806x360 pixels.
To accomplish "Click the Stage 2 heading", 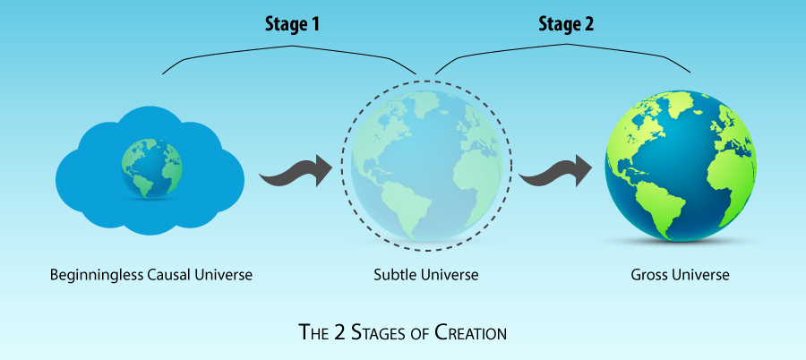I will [x=567, y=23].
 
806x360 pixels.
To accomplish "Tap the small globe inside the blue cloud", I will [x=152, y=166].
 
